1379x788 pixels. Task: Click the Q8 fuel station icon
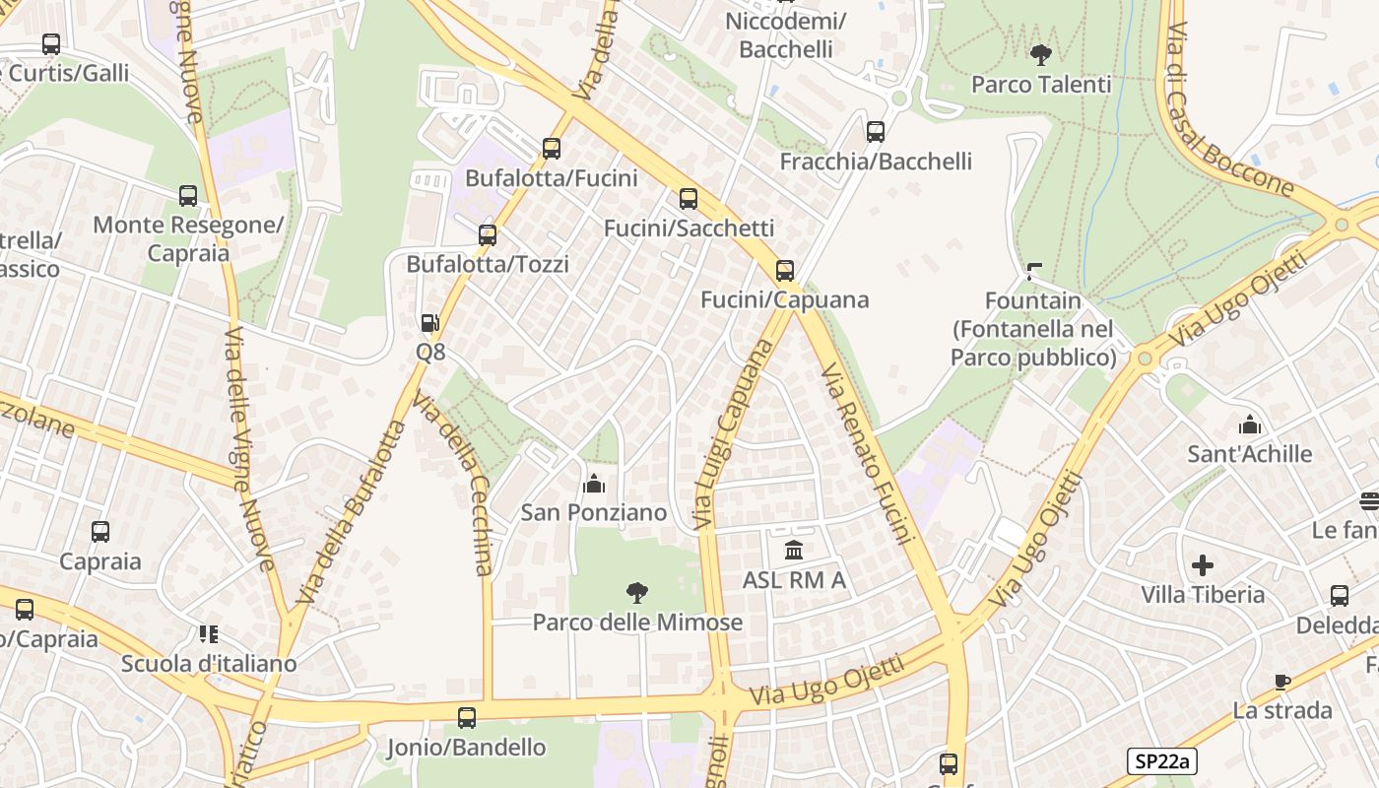coord(429,323)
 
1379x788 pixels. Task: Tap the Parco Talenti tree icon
coord(1040,55)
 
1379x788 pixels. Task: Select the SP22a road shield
coord(1161,760)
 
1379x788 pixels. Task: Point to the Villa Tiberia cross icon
coord(1203,565)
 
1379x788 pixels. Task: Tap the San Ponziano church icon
coord(594,484)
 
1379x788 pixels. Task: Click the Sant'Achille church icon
coord(1250,425)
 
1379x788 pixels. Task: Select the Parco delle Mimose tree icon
coord(637,593)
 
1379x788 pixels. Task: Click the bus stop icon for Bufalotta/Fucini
coord(552,149)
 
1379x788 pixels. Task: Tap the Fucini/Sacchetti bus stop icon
coord(689,199)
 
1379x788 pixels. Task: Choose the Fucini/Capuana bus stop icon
coord(785,271)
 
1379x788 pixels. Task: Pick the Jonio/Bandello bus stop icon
coord(467,718)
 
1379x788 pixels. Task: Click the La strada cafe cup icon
coord(1281,682)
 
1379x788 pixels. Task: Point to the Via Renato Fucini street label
coord(868,453)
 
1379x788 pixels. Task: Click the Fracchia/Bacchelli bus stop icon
coord(876,132)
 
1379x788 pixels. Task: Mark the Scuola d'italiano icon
coord(208,634)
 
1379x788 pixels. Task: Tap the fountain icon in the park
coord(1033,271)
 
